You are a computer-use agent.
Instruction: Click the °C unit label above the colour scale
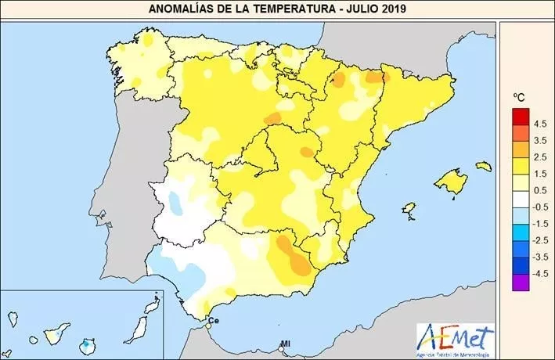coord(518,96)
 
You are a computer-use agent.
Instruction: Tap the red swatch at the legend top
coord(520,117)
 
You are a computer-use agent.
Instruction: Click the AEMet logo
coord(456,338)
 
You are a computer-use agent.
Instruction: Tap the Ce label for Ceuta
coord(213,321)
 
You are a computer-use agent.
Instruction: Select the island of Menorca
coord(483,166)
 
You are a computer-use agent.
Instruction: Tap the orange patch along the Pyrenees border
coord(375,77)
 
